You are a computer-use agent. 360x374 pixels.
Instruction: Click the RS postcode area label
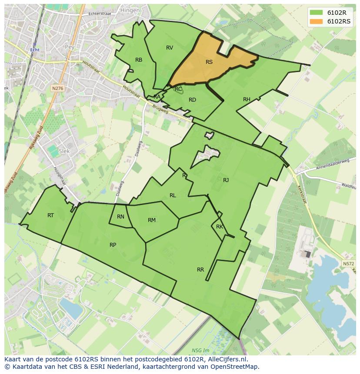click(x=209, y=62)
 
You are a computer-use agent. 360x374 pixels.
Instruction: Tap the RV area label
click(x=170, y=48)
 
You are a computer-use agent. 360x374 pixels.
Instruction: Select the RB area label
click(x=139, y=60)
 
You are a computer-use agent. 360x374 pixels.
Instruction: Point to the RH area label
click(x=247, y=99)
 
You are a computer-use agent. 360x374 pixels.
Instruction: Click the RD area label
click(x=192, y=100)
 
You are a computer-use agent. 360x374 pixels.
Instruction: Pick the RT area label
click(x=51, y=215)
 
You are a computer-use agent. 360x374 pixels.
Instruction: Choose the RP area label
click(x=113, y=245)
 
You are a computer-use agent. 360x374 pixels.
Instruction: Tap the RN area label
click(x=120, y=217)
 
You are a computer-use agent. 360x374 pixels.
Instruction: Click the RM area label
click(x=151, y=220)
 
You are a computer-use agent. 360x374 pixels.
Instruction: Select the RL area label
click(x=173, y=195)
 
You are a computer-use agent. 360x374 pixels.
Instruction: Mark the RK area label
click(x=220, y=227)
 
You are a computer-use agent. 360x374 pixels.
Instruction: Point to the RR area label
click(x=200, y=270)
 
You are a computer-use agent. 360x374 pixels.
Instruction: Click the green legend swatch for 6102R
click(x=317, y=13)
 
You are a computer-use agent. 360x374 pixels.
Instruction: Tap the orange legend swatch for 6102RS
click(x=317, y=21)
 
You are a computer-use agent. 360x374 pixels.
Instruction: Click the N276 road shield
click(x=57, y=88)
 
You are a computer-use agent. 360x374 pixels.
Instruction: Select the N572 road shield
click(x=348, y=264)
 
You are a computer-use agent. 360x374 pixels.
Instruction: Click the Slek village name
click(x=64, y=151)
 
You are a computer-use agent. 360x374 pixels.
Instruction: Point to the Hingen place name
click(x=131, y=10)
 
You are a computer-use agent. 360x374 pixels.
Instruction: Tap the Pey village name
click(x=69, y=46)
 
